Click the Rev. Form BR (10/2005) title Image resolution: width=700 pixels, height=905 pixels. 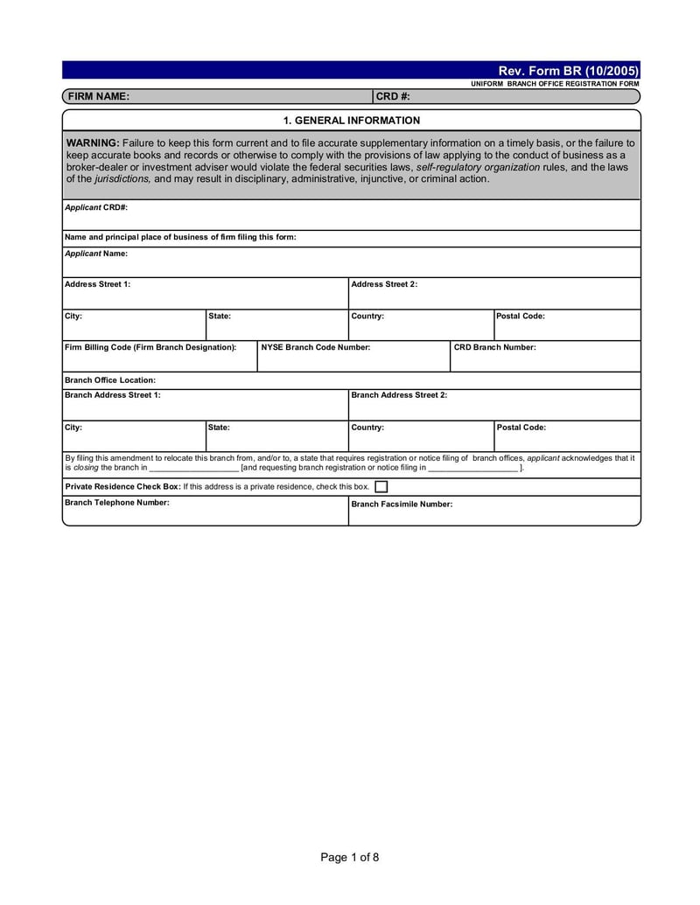(x=568, y=70)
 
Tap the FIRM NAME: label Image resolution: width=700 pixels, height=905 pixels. (x=99, y=97)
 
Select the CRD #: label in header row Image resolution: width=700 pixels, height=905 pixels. (x=393, y=97)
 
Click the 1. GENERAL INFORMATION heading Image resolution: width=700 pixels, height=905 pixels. (x=351, y=121)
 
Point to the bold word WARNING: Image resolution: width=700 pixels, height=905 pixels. (x=93, y=143)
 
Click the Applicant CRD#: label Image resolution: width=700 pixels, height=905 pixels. (x=96, y=208)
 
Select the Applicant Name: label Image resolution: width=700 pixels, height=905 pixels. (x=96, y=254)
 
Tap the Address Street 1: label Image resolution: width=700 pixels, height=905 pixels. (x=98, y=284)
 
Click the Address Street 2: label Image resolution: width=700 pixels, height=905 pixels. (x=384, y=284)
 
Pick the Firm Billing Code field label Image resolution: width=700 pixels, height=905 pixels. (x=150, y=347)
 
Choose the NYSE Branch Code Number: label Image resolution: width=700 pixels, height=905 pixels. (x=316, y=347)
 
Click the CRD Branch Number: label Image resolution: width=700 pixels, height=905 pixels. (x=494, y=347)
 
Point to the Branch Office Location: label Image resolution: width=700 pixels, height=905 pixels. (x=110, y=380)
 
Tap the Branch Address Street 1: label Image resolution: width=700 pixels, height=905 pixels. (x=113, y=395)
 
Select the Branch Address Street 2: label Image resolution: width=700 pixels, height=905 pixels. (x=399, y=395)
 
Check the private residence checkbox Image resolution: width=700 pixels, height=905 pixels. (x=381, y=487)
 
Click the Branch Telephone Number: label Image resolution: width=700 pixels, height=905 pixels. (x=117, y=503)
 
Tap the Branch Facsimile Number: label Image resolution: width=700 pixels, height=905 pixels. (x=402, y=505)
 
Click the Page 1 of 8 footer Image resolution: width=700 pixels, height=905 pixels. (x=350, y=857)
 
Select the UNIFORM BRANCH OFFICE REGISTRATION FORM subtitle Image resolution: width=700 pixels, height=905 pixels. (x=555, y=83)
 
